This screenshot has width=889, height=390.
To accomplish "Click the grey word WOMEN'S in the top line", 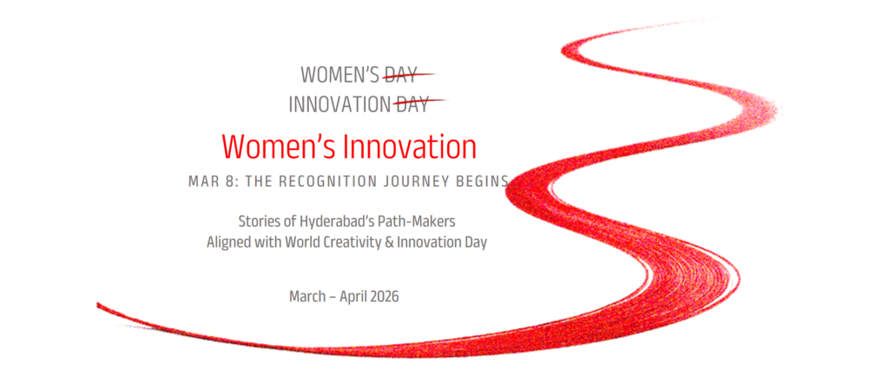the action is [340, 74].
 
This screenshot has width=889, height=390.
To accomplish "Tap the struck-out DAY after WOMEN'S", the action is [400, 74].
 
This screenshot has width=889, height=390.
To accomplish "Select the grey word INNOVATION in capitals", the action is [339, 104].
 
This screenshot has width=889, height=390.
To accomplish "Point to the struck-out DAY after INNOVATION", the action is [412, 104].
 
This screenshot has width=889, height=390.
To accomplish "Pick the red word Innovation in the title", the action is [411, 147].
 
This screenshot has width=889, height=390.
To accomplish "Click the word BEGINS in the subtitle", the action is [480, 182].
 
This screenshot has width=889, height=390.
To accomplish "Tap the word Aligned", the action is [227, 243].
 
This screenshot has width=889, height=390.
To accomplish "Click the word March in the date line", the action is [306, 296].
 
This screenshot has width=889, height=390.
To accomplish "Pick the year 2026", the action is [384, 296].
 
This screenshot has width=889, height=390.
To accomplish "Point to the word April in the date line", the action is [352, 297].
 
